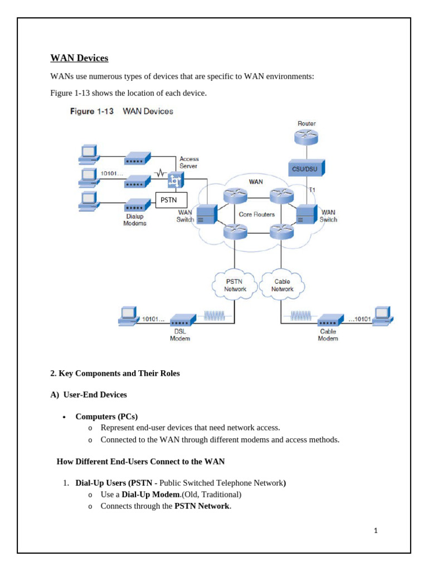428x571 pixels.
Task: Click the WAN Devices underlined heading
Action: tap(79, 58)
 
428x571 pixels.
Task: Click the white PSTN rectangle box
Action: tap(171, 200)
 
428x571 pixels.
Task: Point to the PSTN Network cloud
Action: tap(235, 285)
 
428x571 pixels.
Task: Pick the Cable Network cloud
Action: tap(282, 285)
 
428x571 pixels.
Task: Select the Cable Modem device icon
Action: tap(330, 321)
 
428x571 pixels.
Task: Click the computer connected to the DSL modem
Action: tap(128, 316)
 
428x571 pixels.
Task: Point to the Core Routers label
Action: tap(256, 214)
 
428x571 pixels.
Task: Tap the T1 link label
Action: tap(312, 190)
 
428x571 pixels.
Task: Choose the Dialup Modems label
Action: tap(135, 220)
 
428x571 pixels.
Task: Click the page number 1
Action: tap(376, 530)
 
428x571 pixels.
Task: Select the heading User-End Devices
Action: tap(89, 395)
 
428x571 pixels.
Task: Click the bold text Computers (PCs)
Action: tap(106, 417)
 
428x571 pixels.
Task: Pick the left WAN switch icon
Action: tap(206, 214)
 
